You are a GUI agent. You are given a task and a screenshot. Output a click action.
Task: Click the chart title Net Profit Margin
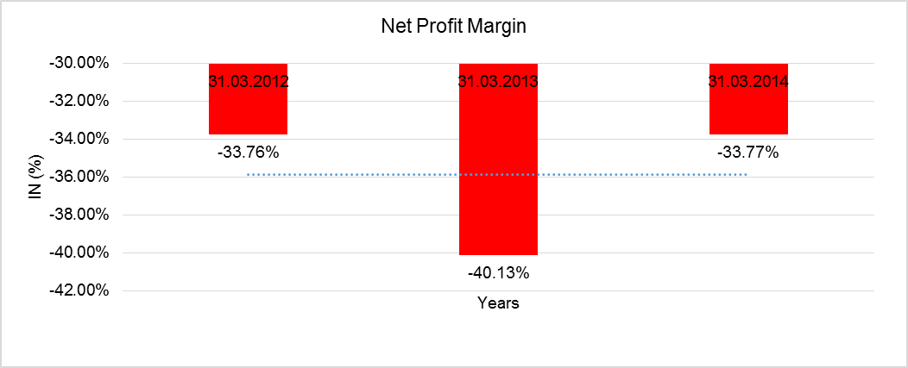[454, 27]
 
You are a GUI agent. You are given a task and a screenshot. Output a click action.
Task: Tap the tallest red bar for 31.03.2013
[498, 172]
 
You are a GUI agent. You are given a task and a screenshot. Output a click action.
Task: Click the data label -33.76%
[248, 153]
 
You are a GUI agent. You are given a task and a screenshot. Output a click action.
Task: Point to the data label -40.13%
[498, 273]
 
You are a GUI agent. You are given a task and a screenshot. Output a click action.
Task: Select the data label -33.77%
[748, 153]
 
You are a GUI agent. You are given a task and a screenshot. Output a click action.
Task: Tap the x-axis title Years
[498, 303]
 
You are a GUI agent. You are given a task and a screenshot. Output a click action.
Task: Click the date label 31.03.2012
[248, 83]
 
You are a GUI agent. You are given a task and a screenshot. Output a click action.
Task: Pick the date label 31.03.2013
[498, 83]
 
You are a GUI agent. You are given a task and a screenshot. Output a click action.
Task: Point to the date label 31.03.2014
[748, 83]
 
